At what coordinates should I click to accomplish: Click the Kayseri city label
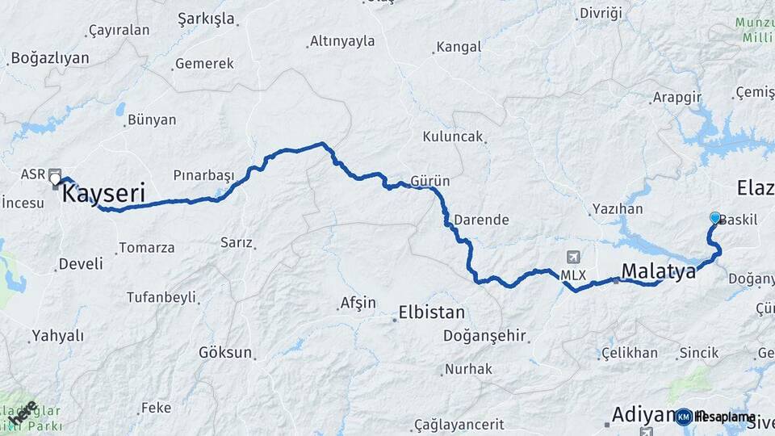103,194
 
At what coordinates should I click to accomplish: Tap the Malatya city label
658,271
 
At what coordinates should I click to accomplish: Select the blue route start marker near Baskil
714,217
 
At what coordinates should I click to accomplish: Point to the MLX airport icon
574,258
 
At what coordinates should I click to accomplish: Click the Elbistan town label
432,313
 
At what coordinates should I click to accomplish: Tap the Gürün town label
430,180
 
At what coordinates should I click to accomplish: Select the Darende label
481,220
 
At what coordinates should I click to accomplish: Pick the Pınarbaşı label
203,175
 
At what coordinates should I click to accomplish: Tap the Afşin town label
358,304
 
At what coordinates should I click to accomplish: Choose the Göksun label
225,353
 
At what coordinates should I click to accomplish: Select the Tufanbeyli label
161,297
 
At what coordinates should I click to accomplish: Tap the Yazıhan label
617,209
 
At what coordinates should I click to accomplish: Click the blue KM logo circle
684,417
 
